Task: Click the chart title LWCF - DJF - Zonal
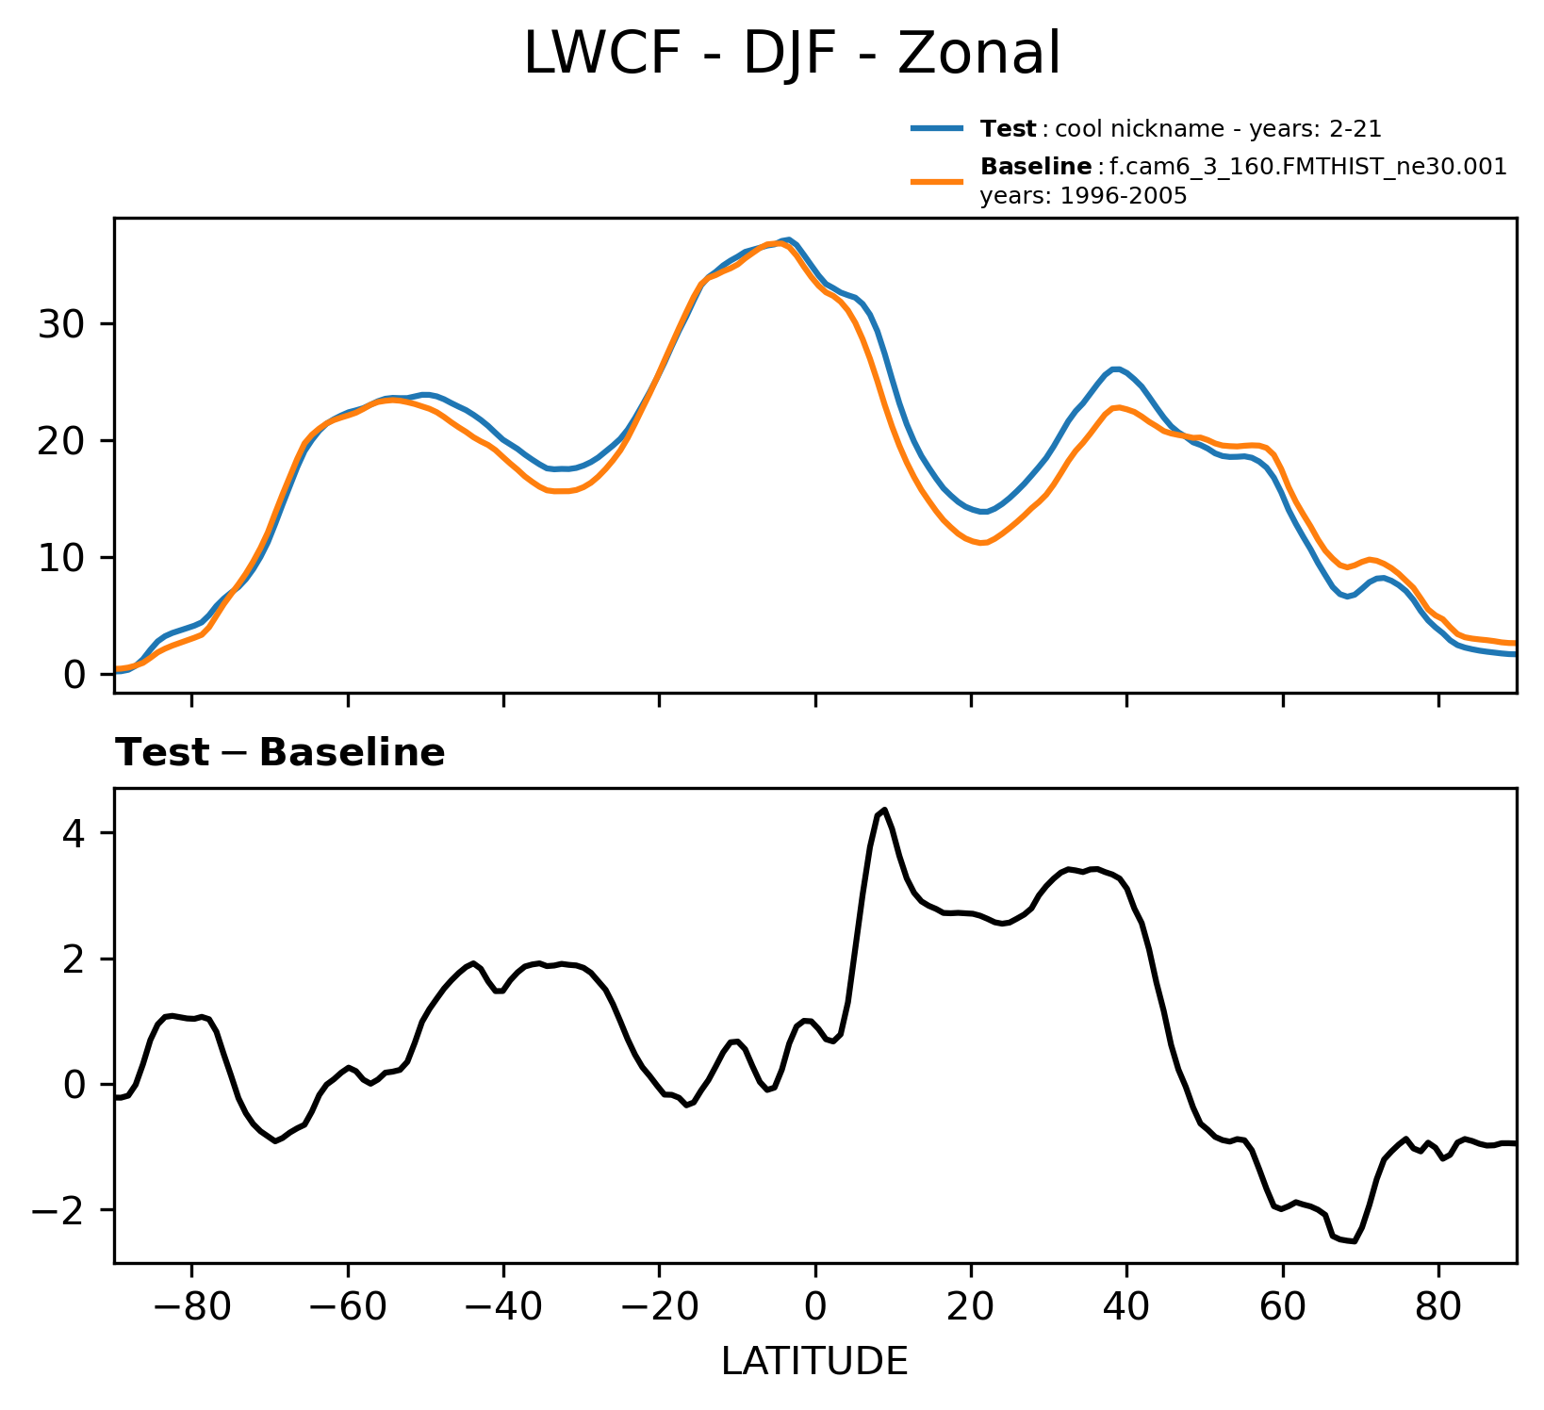click(792, 54)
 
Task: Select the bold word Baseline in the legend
click(1036, 168)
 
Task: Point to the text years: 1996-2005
click(1083, 196)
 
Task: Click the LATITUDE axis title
click(814, 1361)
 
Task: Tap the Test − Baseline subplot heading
click(280, 753)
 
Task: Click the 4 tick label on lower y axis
click(76, 833)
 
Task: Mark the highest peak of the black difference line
click(884, 810)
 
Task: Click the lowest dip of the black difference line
click(1354, 1241)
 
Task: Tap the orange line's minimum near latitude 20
click(981, 543)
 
